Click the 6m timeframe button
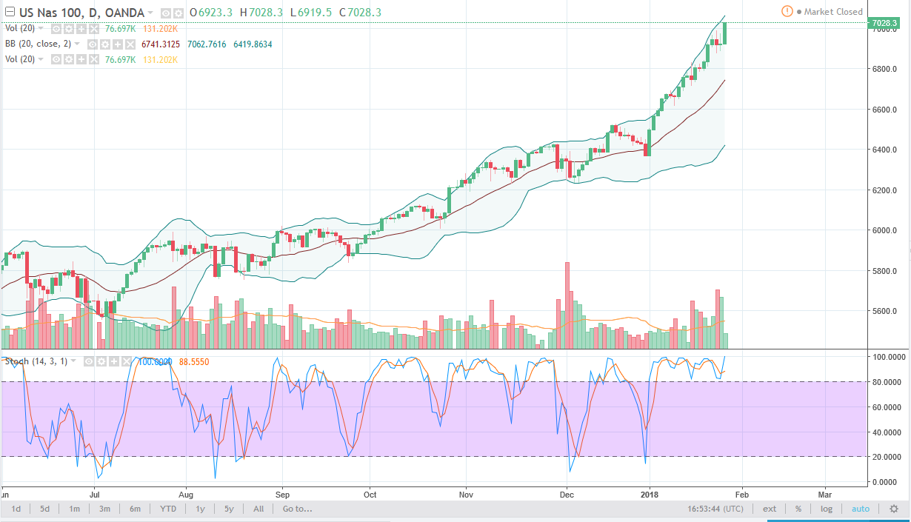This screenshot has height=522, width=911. [x=135, y=509]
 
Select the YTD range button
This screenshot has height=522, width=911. [x=168, y=509]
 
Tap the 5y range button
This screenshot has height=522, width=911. [x=229, y=509]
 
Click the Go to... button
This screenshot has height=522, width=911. [x=297, y=509]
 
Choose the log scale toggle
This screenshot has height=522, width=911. [x=827, y=509]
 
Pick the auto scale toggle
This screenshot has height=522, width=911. [x=861, y=509]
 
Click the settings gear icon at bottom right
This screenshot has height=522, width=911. [x=894, y=509]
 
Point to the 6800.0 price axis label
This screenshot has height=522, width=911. [x=885, y=70]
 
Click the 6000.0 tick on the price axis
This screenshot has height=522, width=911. [x=885, y=230]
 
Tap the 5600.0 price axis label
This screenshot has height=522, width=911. [x=885, y=311]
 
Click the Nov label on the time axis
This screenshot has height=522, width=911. [x=466, y=494]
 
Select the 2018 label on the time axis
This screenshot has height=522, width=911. [x=650, y=494]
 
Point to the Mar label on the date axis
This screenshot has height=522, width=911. [x=824, y=494]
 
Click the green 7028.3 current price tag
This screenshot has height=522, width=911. [x=886, y=23]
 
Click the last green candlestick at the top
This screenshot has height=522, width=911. [x=724, y=33]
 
